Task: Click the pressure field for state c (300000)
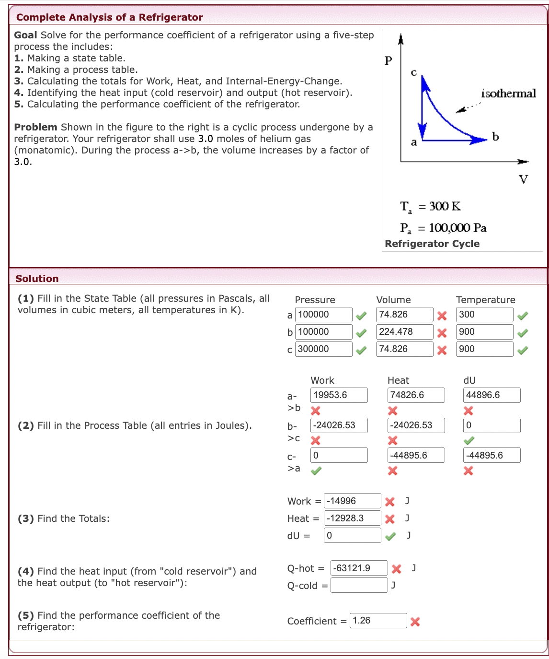323,349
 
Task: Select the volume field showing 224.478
404,332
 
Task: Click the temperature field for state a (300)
484,315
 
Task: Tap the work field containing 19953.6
339,395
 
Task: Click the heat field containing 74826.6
415,395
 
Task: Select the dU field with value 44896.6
492,395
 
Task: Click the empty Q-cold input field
359,585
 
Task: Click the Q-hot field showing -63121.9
359,568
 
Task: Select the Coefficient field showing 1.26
378,621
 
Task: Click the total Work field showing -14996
352,501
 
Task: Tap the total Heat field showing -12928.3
352,518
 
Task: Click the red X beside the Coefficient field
415,622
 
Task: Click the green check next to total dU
391,536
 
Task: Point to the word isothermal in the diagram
508,94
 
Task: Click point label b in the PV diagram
495,137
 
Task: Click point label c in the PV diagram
414,72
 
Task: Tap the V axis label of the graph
523,179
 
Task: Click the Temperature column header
485,300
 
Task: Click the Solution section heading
37,279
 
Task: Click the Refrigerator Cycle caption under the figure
432,244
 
